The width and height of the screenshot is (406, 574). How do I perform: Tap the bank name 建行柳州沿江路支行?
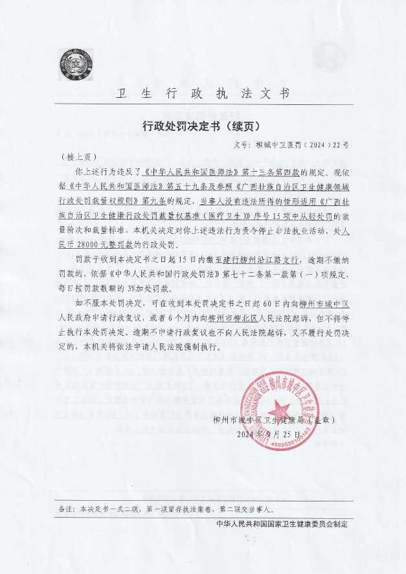coord(262,260)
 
